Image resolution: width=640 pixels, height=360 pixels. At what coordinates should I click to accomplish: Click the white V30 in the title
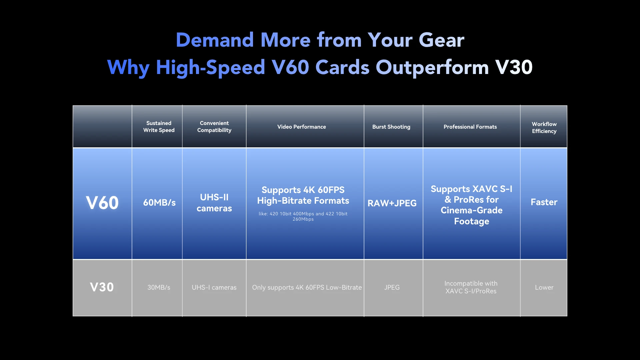pos(514,67)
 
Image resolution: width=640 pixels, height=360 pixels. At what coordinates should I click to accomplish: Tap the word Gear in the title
pos(441,40)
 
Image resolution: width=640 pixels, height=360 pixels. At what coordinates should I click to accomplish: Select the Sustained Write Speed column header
pos(159,127)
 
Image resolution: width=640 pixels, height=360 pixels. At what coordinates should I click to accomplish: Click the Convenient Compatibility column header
pos(214,127)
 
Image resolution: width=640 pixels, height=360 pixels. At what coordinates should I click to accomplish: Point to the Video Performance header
pos(302,127)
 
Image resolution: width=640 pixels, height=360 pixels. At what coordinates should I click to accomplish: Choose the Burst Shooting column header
pos(391,127)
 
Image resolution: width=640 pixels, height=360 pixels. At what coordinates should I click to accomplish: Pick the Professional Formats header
pos(470,127)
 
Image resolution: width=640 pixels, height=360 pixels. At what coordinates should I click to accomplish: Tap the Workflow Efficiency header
pos(544,128)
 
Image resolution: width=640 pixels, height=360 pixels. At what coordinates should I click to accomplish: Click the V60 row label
pos(102,203)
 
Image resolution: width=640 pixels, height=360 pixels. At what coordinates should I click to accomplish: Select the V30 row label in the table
pos(102,287)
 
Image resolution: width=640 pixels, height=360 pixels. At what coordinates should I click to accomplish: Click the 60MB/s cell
pos(159,203)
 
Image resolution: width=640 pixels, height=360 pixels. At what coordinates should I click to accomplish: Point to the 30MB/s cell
pos(159,287)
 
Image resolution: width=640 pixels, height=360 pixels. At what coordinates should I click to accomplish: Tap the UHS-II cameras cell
pos(214,203)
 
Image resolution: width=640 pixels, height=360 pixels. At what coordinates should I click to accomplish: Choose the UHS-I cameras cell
pos(214,287)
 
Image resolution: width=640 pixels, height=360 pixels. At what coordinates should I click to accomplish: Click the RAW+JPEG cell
pos(392,203)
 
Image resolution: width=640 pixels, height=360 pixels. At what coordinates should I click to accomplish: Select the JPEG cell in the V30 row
pos(392,287)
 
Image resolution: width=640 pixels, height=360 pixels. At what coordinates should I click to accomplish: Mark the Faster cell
pos(544,202)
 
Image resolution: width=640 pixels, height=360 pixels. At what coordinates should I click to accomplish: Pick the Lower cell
pos(544,287)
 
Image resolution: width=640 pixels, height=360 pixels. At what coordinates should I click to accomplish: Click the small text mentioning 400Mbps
pos(303,216)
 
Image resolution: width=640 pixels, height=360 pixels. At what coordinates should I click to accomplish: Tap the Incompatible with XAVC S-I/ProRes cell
pos(471,287)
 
